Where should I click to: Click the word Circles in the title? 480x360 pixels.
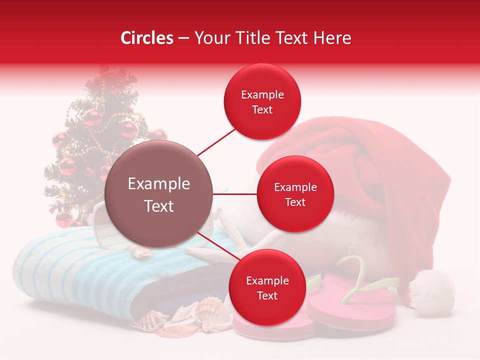[146, 38]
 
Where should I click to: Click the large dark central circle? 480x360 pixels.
[159, 194]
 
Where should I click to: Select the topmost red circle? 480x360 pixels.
[262, 101]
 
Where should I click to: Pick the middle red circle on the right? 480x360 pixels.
[295, 194]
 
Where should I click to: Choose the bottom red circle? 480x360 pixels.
[267, 288]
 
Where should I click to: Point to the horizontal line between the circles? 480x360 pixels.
[235, 194]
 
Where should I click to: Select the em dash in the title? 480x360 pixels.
[183, 38]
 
